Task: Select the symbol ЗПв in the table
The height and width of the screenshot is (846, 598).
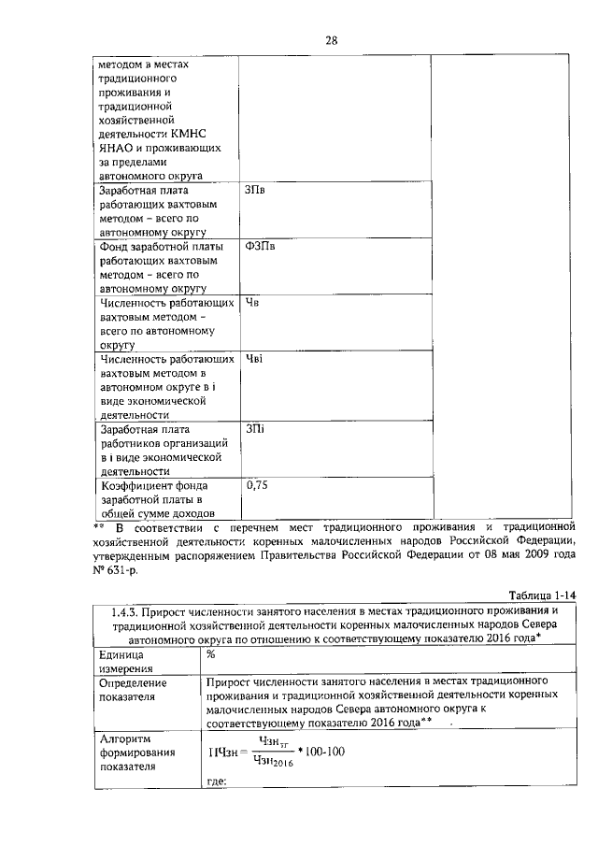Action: [255, 191]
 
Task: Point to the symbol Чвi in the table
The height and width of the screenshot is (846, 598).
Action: [253, 358]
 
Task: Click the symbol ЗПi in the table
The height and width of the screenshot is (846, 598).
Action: [255, 429]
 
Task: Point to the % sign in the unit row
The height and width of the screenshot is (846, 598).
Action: [211, 654]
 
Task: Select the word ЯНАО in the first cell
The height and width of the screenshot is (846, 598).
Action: [117, 148]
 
